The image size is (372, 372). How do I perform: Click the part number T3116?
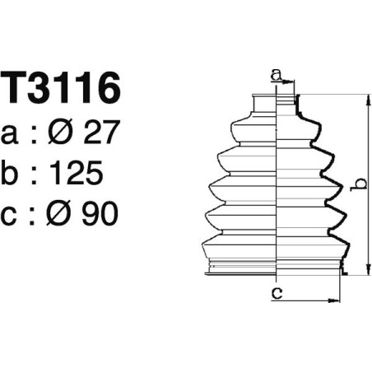pos(63,89)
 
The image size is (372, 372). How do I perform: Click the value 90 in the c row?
pos(99,214)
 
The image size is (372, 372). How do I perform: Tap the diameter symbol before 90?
pos(63,214)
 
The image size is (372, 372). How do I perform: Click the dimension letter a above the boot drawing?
pos(277,77)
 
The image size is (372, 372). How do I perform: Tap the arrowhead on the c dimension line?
pos(335,299)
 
